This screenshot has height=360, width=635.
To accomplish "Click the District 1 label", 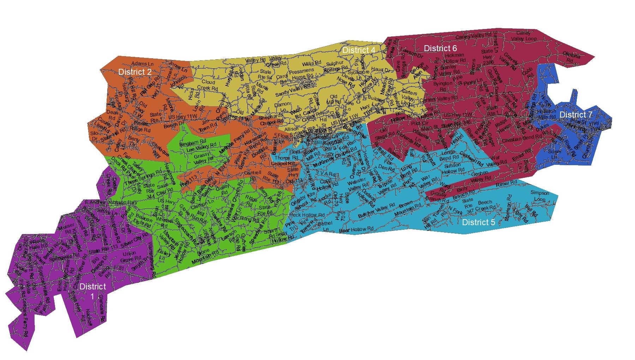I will click(x=92, y=291).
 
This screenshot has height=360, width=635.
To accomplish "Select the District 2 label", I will click(x=135, y=72).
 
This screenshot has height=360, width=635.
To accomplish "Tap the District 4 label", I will click(x=359, y=50).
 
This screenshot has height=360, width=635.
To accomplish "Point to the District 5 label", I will click(x=478, y=222).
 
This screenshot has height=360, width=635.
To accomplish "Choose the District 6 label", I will click(x=440, y=48).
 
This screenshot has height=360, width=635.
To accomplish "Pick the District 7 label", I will click(x=575, y=115).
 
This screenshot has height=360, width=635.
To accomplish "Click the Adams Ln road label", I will click(x=142, y=64).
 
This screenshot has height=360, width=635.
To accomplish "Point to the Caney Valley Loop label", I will click(x=524, y=36).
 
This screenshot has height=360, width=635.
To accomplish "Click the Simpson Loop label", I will click(x=540, y=196).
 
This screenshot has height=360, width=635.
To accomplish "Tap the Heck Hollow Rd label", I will click(x=307, y=215).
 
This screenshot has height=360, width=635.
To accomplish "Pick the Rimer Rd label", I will click(x=506, y=184).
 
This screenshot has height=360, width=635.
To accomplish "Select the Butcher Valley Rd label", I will click(x=376, y=210).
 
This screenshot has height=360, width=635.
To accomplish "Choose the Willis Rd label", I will click(x=311, y=64).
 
